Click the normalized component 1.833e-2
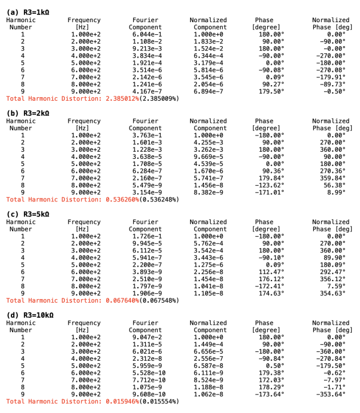pos(210,41)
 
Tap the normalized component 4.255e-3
pos(210,142)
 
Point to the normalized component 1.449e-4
pos(210,344)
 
